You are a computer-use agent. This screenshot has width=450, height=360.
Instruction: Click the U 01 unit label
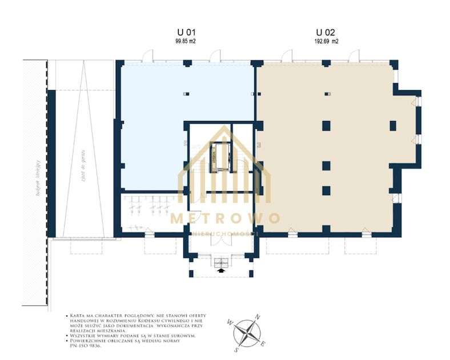coord(186,33)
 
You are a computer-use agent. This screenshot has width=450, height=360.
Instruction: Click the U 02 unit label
coord(327,33)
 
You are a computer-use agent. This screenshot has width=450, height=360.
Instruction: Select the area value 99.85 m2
coord(186,42)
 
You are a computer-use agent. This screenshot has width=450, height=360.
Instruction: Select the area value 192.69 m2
coord(327,42)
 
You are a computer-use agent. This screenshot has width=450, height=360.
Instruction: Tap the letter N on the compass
coord(258,317)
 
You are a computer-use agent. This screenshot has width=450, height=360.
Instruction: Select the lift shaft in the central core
coord(220,155)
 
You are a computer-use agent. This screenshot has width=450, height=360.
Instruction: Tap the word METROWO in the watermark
coord(226,219)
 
